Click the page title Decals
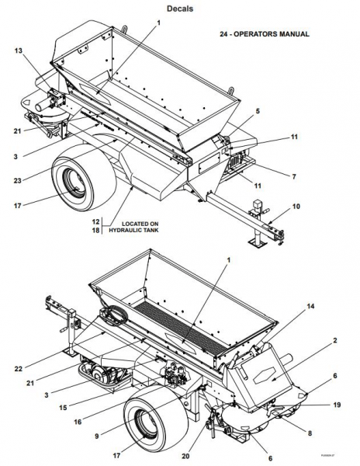click(180, 9)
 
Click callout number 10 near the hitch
click(295, 207)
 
